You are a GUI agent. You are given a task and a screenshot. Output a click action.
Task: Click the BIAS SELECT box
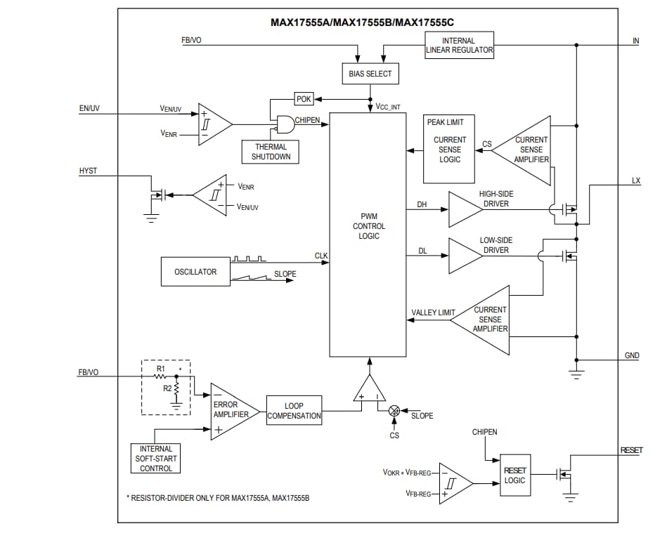click(x=370, y=74)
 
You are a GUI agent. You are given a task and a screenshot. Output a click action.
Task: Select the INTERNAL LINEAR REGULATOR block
click(x=460, y=45)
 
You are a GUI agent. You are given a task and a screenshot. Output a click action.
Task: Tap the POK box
click(x=303, y=99)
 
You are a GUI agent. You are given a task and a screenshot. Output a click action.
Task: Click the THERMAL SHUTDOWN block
click(x=271, y=152)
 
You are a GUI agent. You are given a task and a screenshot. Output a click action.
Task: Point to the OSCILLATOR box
click(x=195, y=272)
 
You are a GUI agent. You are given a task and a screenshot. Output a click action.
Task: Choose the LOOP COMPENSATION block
click(x=294, y=411)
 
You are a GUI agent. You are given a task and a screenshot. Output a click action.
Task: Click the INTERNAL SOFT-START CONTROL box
click(x=155, y=459)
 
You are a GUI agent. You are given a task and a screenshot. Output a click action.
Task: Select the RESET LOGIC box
click(x=514, y=476)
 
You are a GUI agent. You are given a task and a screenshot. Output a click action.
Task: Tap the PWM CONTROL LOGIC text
click(x=368, y=226)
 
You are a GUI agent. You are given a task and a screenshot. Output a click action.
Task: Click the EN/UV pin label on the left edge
click(x=89, y=109)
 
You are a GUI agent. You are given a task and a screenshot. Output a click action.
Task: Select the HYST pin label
click(x=88, y=171)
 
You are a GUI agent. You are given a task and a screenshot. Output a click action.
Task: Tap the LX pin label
click(x=635, y=180)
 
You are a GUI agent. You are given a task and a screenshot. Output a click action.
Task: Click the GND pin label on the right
click(x=632, y=355)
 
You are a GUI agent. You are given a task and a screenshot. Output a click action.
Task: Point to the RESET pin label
click(x=630, y=450)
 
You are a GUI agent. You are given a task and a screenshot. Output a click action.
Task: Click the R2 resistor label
click(x=167, y=388)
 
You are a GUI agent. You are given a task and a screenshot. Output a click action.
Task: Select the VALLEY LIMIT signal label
click(x=433, y=313)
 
